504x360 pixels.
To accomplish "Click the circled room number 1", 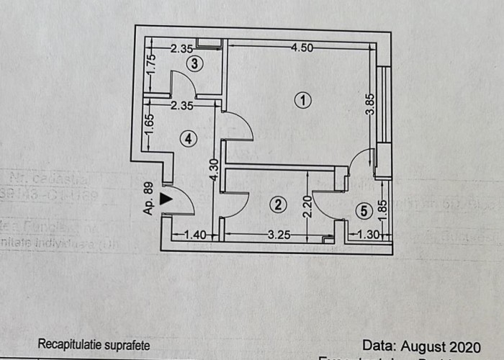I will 304,101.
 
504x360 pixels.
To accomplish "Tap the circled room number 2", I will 278,205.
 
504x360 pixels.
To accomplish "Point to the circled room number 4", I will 188,139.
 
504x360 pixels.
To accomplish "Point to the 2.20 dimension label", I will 308,207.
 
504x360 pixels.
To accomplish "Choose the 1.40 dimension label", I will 195,235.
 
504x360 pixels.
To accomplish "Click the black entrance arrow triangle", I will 166,197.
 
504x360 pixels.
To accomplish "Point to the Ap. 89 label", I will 148,198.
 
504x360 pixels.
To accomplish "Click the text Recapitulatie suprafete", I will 94,346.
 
